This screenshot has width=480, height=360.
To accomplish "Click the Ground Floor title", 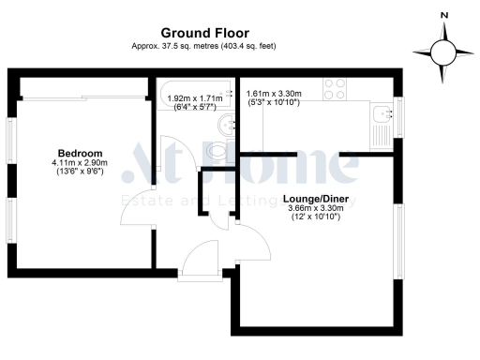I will coord(204,33).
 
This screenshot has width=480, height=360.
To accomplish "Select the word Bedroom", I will coord(80,153).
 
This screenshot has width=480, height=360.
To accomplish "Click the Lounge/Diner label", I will coord(316,200).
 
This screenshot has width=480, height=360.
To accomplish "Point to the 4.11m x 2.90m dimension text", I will coord(80,163).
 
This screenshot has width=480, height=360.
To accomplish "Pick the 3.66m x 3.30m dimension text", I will coord(316,209).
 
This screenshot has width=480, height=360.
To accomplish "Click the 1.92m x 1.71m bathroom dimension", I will coord(194,97).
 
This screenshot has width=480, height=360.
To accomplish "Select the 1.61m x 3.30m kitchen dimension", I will coord(274,94).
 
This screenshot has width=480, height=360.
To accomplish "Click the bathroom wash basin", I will coord(222,126).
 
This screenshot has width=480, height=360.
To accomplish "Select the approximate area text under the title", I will coord(204,46).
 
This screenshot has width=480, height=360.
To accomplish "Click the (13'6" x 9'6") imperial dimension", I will coord(80,173).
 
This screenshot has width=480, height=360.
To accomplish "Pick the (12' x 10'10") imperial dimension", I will coord(316,219).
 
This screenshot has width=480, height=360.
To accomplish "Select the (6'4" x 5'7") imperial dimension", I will coord(194,107).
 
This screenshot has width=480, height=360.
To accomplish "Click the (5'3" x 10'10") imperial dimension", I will coord(274,103).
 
